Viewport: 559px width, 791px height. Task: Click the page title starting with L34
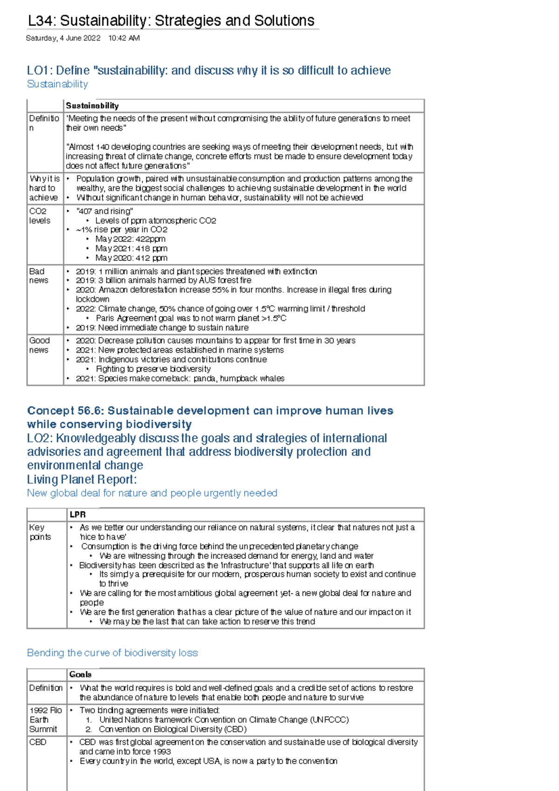[x=171, y=21]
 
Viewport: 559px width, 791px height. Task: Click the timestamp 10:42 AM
[x=124, y=38]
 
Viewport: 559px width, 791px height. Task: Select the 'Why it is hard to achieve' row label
[x=45, y=188]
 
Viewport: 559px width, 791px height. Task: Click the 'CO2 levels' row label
[x=40, y=216]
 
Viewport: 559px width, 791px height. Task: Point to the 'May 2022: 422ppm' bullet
[x=130, y=239]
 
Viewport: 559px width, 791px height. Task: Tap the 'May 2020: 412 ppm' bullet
[x=131, y=258]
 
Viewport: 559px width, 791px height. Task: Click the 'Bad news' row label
[x=39, y=276]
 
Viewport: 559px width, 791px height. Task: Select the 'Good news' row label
[x=39, y=345]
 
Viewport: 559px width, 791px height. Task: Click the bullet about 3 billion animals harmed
[x=163, y=281]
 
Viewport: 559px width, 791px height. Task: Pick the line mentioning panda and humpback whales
[x=180, y=378]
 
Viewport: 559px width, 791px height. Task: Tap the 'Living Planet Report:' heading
[x=82, y=480]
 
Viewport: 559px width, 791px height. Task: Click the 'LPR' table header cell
[x=78, y=515]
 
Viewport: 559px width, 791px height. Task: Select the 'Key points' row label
[x=40, y=532]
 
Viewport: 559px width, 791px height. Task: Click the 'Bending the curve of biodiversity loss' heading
[x=112, y=653]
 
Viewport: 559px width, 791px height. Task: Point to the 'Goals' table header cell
[x=80, y=674]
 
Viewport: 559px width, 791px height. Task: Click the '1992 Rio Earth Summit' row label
[x=45, y=720]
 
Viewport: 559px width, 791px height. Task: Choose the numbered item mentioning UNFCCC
[x=224, y=720]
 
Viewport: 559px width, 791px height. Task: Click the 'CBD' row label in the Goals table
[x=38, y=742]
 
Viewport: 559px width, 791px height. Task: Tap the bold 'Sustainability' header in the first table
[x=92, y=106]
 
